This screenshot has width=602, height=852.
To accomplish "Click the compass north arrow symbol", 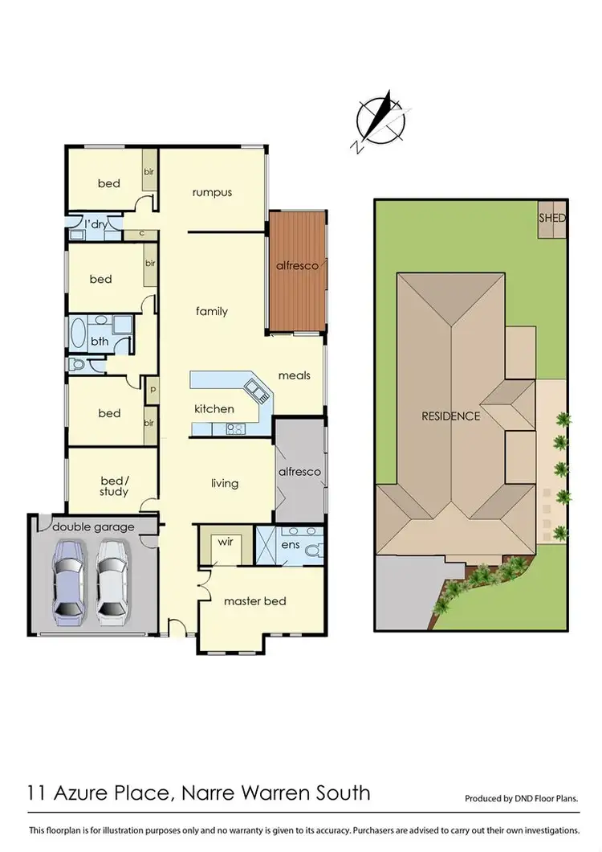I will [380, 121].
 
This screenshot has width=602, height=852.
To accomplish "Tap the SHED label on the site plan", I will [552, 218].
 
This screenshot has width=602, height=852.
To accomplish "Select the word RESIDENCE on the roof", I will [451, 416].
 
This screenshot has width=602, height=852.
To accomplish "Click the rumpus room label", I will [212, 192].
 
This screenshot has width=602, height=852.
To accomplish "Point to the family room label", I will [212, 311].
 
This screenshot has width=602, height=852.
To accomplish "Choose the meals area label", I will [294, 375].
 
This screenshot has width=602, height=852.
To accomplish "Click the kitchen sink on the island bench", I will [259, 391].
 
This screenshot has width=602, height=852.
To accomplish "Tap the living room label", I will [225, 483].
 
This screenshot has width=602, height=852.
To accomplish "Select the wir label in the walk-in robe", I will [226, 542].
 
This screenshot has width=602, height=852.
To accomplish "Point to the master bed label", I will [254, 600].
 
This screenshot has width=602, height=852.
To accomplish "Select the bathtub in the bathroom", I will [79, 332].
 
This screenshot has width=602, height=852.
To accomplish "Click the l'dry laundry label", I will [96, 224].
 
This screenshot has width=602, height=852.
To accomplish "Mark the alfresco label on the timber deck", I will [298, 266].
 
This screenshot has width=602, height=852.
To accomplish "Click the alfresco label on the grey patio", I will [299, 471].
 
